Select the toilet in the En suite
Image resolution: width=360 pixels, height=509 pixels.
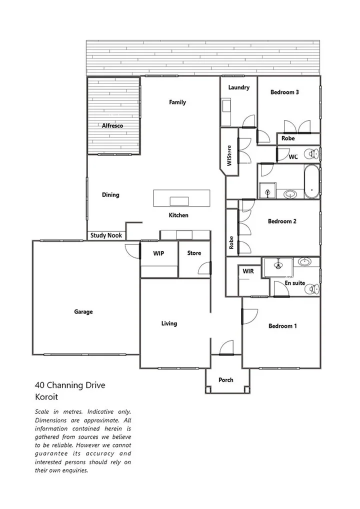tap(312, 289)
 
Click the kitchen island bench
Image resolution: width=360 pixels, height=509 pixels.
tap(181, 198)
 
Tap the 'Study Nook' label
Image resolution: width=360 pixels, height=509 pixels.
tap(106, 235)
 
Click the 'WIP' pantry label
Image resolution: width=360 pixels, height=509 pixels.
tap(158, 253)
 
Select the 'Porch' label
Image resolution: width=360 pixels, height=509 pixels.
tap(226, 380)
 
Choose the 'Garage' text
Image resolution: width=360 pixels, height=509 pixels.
tap(83, 312)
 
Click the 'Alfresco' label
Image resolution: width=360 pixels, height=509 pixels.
tap(112, 126)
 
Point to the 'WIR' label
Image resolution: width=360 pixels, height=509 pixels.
tap(248, 271)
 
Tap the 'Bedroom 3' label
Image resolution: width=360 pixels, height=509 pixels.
tap(284, 92)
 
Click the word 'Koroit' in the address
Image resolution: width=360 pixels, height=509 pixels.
tap(46, 397)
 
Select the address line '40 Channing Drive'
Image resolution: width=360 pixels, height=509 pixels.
tap(70, 385)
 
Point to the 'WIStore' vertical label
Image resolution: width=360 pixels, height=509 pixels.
tap(229, 155)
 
